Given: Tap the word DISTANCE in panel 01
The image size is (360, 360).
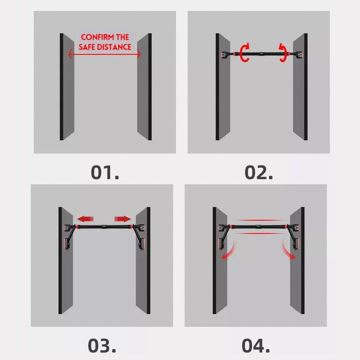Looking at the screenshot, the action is click(x=114, y=47).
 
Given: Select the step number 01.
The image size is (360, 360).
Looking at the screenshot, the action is click(x=105, y=172).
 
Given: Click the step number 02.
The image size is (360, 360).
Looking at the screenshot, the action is click(x=259, y=172).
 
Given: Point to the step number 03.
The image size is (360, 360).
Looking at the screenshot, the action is click(x=102, y=346).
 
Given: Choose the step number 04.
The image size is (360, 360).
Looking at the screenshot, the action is click(x=256, y=346).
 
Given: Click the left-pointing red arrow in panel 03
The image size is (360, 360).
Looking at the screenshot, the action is click(x=85, y=219).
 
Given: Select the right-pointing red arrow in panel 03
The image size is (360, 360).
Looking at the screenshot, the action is click(x=122, y=219).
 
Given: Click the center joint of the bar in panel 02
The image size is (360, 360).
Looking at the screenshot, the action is click(x=262, y=54).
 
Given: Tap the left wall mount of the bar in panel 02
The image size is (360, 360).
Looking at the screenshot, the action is click(x=224, y=55).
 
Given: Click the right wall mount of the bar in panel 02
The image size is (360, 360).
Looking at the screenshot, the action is click(x=299, y=55).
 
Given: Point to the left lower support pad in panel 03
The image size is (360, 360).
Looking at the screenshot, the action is click(x=67, y=244).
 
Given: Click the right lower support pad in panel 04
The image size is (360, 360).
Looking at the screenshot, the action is click(x=296, y=244).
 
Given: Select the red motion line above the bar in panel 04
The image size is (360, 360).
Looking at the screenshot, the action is click(x=260, y=220).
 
